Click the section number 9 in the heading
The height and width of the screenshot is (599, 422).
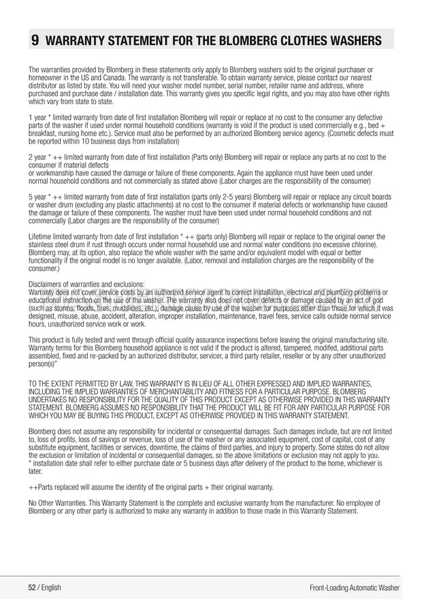click(35, 40)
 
